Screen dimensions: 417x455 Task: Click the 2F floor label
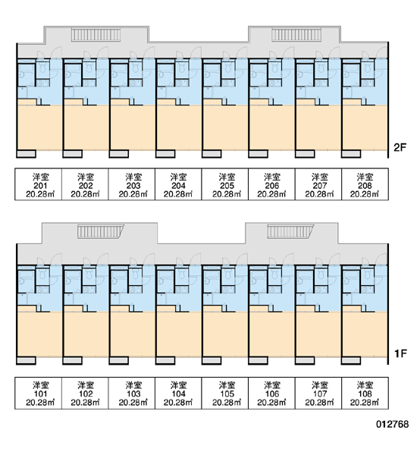(x=400, y=147)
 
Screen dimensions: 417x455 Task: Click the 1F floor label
(x=400, y=353)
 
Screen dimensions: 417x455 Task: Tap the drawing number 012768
(x=392, y=424)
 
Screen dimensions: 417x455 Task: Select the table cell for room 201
(x=39, y=184)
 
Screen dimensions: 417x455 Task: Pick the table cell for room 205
(x=225, y=184)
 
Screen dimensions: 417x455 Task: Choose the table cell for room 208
(x=365, y=184)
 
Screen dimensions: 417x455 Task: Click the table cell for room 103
(x=132, y=393)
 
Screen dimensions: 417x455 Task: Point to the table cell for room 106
(x=271, y=393)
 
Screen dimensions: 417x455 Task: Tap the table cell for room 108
(x=365, y=393)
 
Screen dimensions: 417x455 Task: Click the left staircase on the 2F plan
(x=96, y=35)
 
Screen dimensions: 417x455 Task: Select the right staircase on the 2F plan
(x=296, y=35)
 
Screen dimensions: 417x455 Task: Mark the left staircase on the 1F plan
(x=100, y=231)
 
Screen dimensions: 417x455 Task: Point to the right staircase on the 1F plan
(x=290, y=231)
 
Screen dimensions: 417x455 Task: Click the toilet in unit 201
(x=42, y=69)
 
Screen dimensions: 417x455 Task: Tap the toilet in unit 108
(x=367, y=275)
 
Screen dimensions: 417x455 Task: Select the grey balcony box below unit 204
(x=165, y=154)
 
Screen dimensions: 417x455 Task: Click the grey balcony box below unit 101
(x=26, y=360)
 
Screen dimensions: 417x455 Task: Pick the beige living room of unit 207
(x=318, y=127)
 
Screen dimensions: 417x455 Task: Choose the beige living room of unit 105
(x=225, y=334)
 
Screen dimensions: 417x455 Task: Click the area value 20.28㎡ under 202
(x=85, y=194)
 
